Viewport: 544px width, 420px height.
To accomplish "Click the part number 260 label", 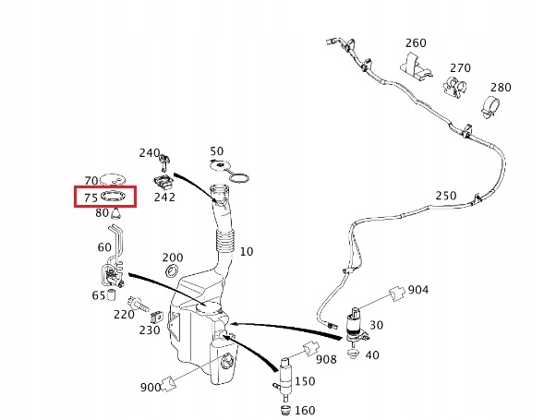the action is click(416, 43).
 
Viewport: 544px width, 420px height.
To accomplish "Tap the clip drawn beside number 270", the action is click(454, 86).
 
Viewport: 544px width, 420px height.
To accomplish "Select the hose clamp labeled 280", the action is click(491, 107).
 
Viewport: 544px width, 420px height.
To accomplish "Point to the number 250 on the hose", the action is click(446, 196).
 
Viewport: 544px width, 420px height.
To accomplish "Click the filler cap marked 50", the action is click(229, 171).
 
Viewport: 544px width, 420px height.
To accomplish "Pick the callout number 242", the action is click(164, 197).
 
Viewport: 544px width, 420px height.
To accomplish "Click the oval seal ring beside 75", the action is click(113, 196).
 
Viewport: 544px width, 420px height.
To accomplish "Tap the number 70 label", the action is click(91, 180).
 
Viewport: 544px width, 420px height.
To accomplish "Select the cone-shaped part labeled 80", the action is click(116, 213).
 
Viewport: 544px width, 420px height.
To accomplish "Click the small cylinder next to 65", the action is click(112, 294).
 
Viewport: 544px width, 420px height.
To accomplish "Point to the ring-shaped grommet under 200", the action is click(172, 270).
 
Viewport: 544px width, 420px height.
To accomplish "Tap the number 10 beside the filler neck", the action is click(247, 251).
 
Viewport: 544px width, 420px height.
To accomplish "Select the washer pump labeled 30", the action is click(357, 328).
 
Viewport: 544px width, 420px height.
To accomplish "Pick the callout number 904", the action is click(418, 290).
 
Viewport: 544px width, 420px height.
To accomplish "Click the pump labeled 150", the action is click(285, 378).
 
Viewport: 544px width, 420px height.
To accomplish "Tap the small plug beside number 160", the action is click(284, 410).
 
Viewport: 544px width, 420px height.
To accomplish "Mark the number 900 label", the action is click(151, 387).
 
